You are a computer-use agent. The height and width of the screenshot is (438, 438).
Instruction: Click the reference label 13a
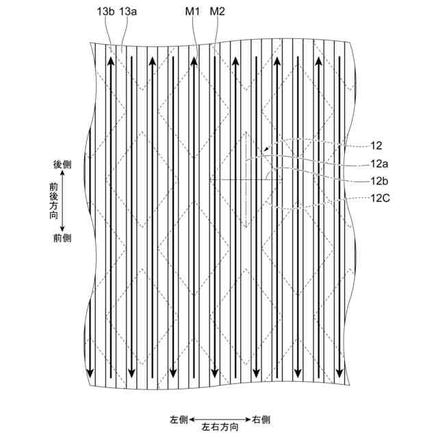[129, 12]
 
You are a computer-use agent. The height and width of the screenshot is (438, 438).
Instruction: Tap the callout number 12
[376, 145]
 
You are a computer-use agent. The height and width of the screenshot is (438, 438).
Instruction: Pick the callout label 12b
[379, 181]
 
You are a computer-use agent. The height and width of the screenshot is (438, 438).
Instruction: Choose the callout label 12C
[380, 198]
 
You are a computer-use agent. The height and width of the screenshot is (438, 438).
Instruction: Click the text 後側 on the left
[62, 164]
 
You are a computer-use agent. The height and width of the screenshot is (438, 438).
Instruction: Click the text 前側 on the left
[62, 237]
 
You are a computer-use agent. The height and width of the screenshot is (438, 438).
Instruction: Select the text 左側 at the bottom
[179, 419]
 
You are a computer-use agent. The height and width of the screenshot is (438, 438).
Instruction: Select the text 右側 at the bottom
[261, 419]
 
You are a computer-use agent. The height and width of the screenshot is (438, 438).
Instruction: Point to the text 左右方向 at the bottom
[220, 428]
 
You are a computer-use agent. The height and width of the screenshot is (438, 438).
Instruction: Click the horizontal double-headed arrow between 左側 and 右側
[220, 419]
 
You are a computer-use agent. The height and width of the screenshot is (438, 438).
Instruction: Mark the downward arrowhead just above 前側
[62, 227]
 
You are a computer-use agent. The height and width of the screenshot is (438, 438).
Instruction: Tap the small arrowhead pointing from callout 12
[266, 148]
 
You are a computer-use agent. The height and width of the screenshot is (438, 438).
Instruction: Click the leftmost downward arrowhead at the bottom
[90, 372]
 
